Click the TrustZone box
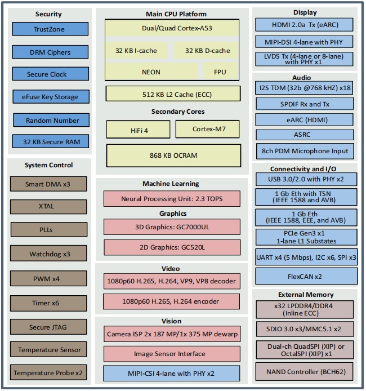pos(50,29)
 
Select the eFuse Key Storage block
pos(51,97)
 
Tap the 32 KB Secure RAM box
pos(51,141)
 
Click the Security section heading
pos(48,14)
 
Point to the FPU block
pos(220,72)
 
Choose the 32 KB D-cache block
pos(207,51)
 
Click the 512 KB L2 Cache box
pos(173,94)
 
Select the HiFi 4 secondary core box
pos(139,130)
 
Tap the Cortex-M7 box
pos(208,129)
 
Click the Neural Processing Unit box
pos(172,199)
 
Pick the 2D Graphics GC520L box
pos(172,247)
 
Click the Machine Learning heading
pos(171,184)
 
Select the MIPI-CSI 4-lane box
pos(172,374)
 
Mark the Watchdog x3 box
pos(48,254)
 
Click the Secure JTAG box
pos(48,327)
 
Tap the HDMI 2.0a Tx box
pos(304,25)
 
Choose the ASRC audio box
pos(305,135)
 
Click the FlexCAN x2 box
pos(306,276)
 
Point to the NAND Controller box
pos(305,372)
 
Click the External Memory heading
pos(306,295)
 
